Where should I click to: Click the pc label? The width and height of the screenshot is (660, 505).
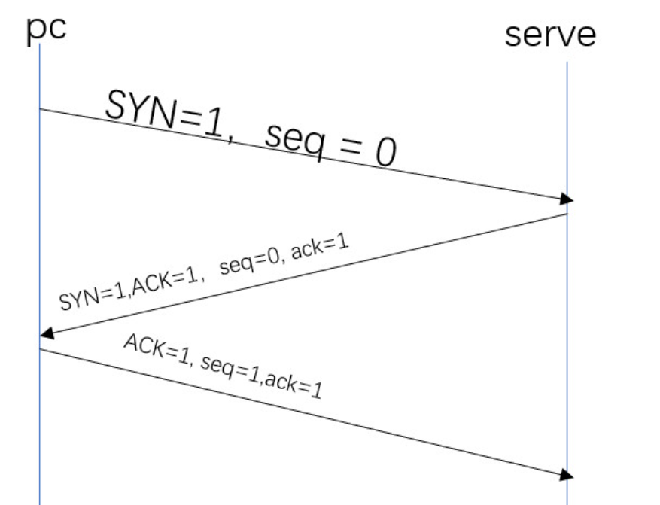(46, 29)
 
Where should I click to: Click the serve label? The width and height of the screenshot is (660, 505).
(550, 34)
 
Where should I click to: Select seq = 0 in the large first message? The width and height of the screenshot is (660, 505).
(330, 145)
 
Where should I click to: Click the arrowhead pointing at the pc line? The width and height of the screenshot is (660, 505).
(45, 333)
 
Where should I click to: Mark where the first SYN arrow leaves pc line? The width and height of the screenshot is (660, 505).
(39, 110)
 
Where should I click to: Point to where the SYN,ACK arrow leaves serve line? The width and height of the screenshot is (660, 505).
(567, 214)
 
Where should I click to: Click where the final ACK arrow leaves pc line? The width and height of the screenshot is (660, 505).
(39, 348)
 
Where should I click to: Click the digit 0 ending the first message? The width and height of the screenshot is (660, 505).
(385, 154)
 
